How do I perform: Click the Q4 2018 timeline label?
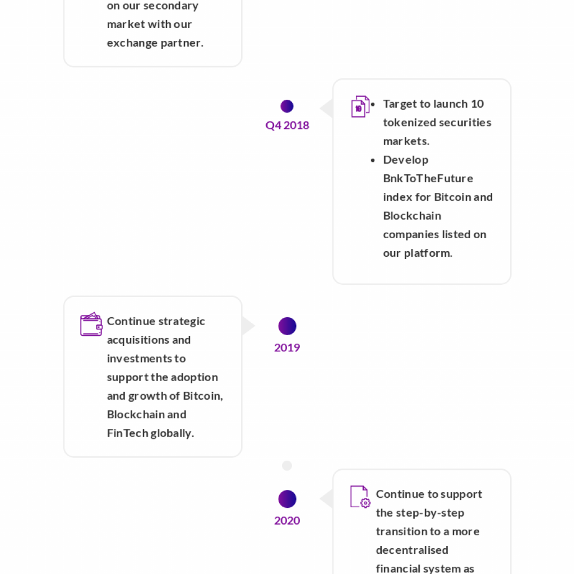(288, 126)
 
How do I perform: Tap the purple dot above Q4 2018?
(287, 106)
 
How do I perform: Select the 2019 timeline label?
(287, 348)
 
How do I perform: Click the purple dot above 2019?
(288, 326)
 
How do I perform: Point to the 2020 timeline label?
(287, 521)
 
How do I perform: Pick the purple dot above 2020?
(288, 499)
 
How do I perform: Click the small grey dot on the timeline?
(287, 466)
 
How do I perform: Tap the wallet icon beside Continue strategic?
(91, 324)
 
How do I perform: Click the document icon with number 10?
(360, 107)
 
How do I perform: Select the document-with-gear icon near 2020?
(360, 497)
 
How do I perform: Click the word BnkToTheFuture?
(428, 179)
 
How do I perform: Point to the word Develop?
(406, 160)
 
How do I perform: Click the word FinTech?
(127, 433)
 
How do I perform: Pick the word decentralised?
(412, 550)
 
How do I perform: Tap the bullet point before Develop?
(373, 160)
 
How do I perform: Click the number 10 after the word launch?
(477, 104)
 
